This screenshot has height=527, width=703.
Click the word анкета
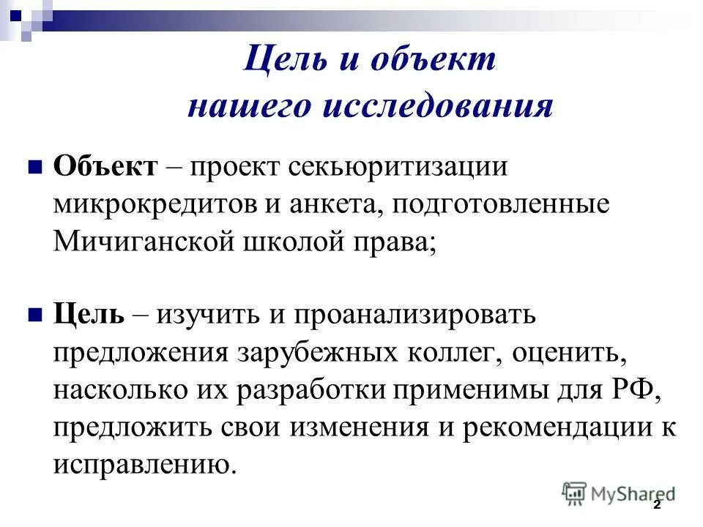tap(328, 204)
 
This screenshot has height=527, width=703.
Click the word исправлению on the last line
tap(144, 465)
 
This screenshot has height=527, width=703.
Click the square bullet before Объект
tap(34, 168)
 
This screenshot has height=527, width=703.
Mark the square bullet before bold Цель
tap(34, 315)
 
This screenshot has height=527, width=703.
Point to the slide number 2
tap(657, 505)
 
